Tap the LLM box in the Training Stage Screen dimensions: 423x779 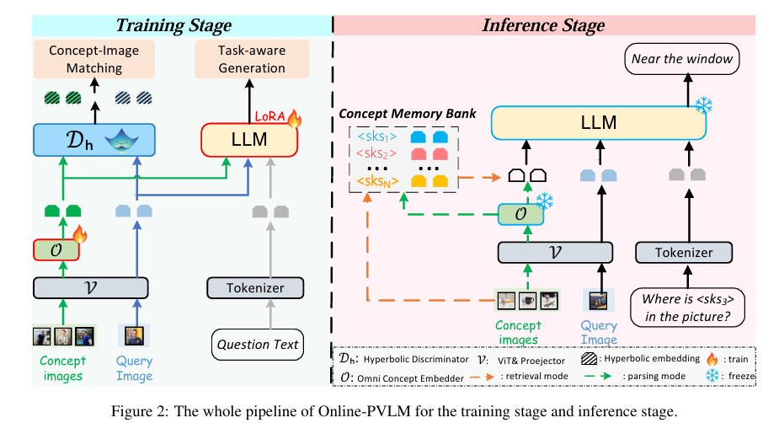click(x=248, y=140)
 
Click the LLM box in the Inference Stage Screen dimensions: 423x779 click(x=597, y=123)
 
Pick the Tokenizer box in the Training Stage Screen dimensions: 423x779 click(x=254, y=288)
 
